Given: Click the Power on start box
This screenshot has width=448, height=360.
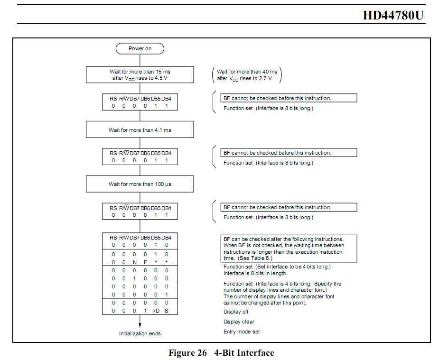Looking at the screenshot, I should pos(140,48).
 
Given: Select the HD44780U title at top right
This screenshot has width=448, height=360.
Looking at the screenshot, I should pos(393,15).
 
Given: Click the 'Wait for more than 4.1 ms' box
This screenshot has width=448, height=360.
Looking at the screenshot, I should pos(140,129).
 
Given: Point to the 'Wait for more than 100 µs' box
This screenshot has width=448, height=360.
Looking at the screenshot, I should pos(140,184).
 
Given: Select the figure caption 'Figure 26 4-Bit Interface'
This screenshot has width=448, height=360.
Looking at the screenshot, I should pos(222,353).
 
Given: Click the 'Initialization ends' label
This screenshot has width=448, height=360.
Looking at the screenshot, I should pos(140,333).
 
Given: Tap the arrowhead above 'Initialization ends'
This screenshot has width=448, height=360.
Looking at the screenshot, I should pos(140,325).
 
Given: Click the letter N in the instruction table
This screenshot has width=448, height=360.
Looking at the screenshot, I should pos(134,262).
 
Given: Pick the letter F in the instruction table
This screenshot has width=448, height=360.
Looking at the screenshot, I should pos(145,262).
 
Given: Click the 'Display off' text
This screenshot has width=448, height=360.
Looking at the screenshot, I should pos(236,312).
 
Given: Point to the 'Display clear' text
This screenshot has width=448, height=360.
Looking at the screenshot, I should pos(239,322).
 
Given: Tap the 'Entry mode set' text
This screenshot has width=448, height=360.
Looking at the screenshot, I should pos(242,332).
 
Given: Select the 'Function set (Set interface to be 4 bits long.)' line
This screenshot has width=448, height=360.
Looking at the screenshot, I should pos(277,267).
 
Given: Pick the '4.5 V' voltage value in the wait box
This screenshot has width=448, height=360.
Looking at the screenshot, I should pos(162,78).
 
